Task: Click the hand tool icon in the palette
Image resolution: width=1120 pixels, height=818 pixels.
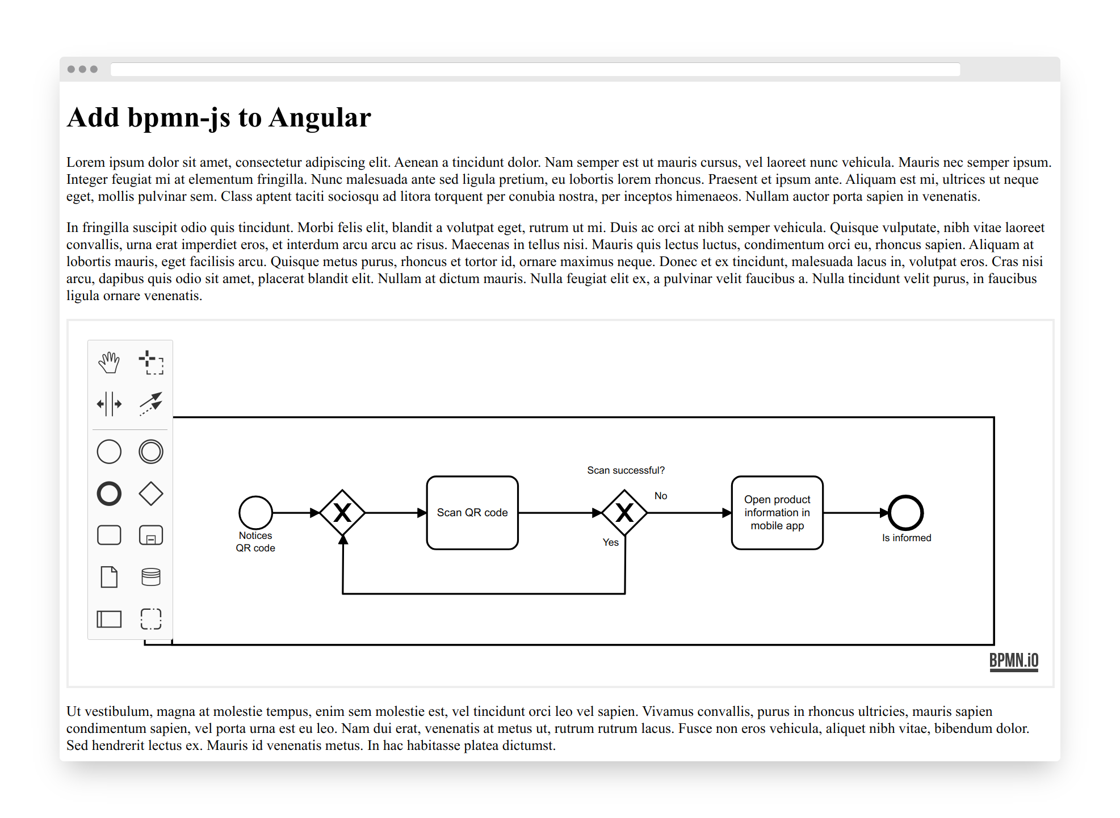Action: [109, 362]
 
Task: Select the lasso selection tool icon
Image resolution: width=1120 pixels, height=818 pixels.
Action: [151, 362]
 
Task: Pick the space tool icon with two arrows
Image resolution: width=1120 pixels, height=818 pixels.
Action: [109, 404]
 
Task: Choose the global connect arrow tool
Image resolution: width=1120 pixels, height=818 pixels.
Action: [151, 404]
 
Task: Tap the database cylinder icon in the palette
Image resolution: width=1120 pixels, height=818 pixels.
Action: [151, 577]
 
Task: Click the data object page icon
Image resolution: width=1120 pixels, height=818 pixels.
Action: [109, 577]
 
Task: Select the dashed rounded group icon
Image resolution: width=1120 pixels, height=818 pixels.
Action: [151, 619]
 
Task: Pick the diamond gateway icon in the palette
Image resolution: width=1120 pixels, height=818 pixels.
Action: [151, 494]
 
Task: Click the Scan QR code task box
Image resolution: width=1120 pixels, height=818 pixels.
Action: [472, 513]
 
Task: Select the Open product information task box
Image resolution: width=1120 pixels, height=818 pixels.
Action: [777, 513]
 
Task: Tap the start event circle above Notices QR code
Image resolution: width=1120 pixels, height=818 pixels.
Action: [255, 513]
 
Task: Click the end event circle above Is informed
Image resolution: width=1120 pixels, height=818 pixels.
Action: [906, 513]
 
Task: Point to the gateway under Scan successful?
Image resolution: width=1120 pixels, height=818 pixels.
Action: [624, 513]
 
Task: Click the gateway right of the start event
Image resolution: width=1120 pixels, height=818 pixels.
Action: [342, 513]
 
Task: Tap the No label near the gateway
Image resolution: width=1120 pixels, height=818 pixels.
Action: [661, 496]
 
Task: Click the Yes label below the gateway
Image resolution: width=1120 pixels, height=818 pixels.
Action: [611, 542]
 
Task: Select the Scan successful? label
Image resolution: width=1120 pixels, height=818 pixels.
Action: [626, 470]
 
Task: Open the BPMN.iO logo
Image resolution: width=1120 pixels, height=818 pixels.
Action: [1014, 661]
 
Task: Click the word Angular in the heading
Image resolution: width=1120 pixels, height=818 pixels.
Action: [320, 118]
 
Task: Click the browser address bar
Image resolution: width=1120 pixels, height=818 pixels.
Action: [535, 69]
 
